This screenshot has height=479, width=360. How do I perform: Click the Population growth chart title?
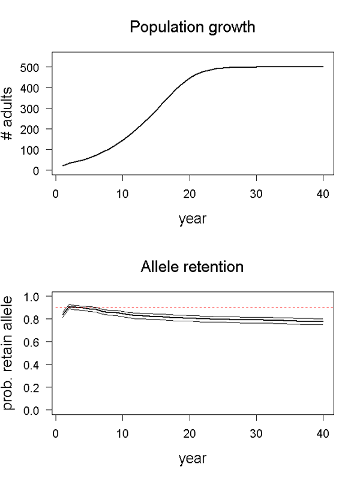[x=192, y=28]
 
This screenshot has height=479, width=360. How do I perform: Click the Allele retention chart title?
[x=192, y=267]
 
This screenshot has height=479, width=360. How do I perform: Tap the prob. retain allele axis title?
[x=10, y=354]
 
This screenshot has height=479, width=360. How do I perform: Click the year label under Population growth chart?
[x=192, y=219]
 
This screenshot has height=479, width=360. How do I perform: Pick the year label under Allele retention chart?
[x=192, y=459]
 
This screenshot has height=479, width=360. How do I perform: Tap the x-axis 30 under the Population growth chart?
[x=257, y=194]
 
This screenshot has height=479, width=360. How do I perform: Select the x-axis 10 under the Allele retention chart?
[x=122, y=433]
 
